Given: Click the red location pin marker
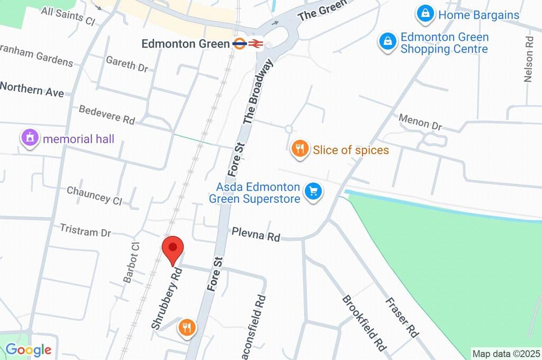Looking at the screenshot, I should [173, 249].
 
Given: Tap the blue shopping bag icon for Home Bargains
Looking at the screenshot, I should [426, 14].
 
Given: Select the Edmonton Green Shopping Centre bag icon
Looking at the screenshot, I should [388, 41].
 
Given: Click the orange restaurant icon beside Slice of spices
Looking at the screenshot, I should [300, 149].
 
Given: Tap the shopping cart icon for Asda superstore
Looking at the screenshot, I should [313, 192].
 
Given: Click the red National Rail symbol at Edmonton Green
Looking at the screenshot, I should [256, 43].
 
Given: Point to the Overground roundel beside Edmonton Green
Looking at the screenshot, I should [240, 43].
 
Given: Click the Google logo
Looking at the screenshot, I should [28, 349].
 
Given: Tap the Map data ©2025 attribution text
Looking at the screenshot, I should [505, 353].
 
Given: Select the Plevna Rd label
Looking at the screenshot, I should [256, 234].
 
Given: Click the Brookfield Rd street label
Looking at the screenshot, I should [364, 323].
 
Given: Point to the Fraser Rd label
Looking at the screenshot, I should [402, 318].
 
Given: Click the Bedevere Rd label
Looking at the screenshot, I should [107, 114].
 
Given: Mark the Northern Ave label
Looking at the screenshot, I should [32, 89].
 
